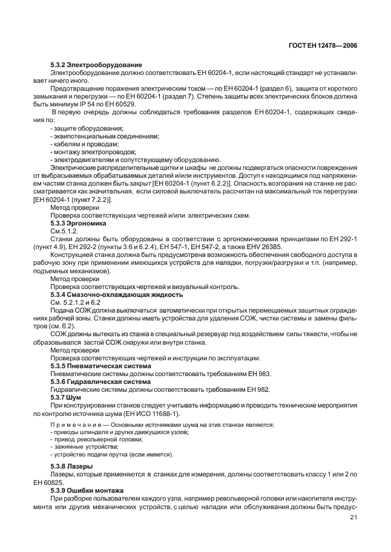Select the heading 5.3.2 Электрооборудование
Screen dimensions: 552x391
[96, 64]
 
